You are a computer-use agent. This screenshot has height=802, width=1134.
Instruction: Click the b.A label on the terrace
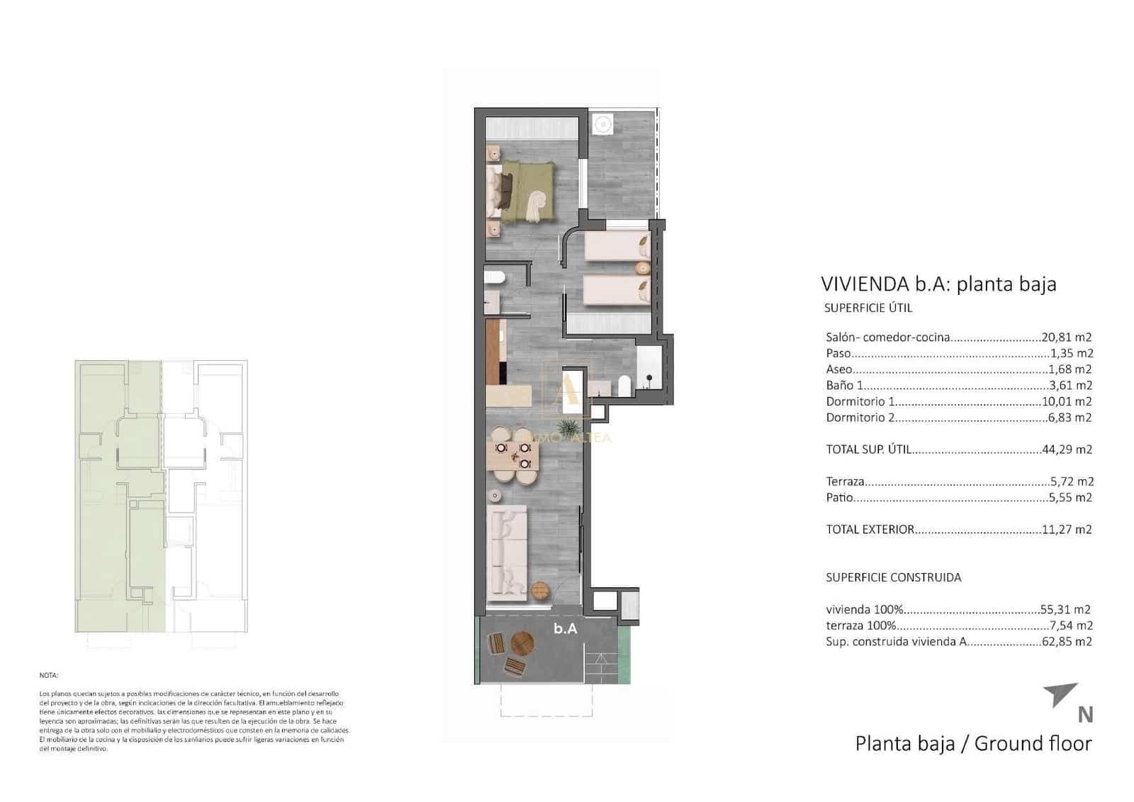pyautogui.click(x=565, y=628)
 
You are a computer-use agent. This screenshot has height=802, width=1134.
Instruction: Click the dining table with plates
pyautogui.click(x=515, y=457)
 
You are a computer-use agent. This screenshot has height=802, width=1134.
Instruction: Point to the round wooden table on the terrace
pyautogui.click(x=523, y=645)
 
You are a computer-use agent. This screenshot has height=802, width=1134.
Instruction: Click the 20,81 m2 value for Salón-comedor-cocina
pyautogui.click(x=1066, y=338)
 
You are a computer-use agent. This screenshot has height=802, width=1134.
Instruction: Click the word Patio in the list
pyautogui.click(x=839, y=498)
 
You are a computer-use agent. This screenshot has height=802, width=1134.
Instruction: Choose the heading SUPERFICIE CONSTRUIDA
pyautogui.click(x=893, y=577)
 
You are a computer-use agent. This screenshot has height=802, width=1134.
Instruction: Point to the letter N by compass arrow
pyautogui.click(x=1084, y=715)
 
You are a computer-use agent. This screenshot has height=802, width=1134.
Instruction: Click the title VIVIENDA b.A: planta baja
pyautogui.click(x=938, y=284)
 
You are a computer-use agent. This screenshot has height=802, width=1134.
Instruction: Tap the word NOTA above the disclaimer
pyautogui.click(x=49, y=676)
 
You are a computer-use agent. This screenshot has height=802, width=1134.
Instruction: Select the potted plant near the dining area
pyautogui.click(x=568, y=428)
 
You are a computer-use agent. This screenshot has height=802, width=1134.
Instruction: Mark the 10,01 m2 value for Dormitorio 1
pyautogui.click(x=1067, y=401)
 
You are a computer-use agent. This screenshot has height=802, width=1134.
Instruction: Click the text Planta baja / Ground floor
pyautogui.click(x=972, y=744)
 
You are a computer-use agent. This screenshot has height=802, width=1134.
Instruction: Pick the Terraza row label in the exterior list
pyautogui.click(x=845, y=481)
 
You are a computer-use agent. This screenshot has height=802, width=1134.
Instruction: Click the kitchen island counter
pyautogui.click(x=509, y=396)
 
